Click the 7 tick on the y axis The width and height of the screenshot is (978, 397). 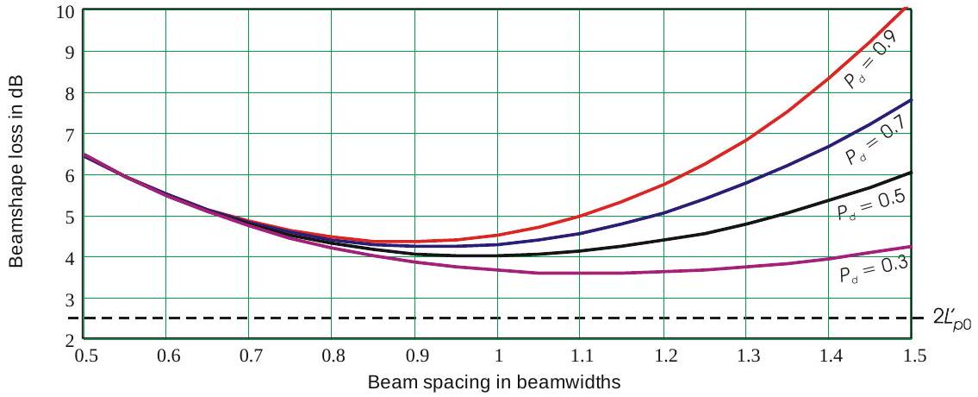coord(69,135)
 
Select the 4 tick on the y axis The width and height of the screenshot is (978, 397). coord(69,258)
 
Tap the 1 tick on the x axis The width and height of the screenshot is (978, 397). coord(498,356)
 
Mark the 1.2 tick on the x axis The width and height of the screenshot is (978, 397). coord(663,356)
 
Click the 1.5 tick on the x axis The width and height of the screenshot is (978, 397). coord(912,356)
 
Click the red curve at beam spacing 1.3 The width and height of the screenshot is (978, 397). coord(747,139)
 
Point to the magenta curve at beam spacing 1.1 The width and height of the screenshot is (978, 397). coord(581,274)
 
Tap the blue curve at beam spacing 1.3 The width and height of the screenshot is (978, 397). coord(747,182)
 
